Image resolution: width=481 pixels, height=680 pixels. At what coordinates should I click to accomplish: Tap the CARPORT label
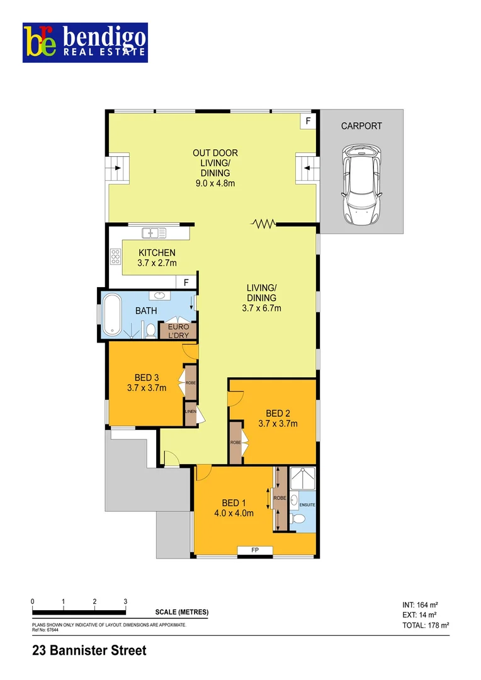click(x=361, y=126)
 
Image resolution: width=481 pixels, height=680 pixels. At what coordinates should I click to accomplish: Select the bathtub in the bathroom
click(x=113, y=314)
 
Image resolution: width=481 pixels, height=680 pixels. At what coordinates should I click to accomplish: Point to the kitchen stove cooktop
click(x=116, y=256)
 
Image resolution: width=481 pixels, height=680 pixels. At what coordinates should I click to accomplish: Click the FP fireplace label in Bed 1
click(x=255, y=551)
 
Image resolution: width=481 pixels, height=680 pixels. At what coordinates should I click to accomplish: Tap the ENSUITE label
click(x=307, y=505)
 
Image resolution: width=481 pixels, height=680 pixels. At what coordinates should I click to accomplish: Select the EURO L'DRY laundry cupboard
click(x=178, y=331)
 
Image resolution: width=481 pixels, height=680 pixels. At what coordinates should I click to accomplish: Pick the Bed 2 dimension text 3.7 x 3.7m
click(x=278, y=424)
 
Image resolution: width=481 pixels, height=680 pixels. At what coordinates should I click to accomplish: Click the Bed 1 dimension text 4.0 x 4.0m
click(x=234, y=513)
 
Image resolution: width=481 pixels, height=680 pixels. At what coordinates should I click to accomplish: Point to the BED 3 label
click(x=146, y=378)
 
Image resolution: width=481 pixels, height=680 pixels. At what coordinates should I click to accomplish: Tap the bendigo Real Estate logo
click(x=85, y=43)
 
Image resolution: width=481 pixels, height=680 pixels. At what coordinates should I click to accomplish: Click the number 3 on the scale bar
click(x=125, y=601)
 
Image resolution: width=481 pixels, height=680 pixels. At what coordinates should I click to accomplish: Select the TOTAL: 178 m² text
click(x=425, y=626)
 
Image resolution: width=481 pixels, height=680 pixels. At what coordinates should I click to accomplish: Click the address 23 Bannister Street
click(x=89, y=650)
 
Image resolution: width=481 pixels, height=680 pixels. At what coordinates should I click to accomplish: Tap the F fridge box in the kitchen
click(x=186, y=283)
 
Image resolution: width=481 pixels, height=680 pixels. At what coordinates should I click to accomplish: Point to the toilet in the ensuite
click(x=300, y=519)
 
